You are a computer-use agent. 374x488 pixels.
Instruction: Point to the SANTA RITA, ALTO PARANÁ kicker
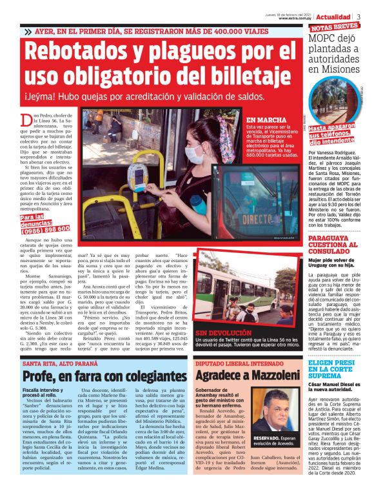point(61,363)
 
